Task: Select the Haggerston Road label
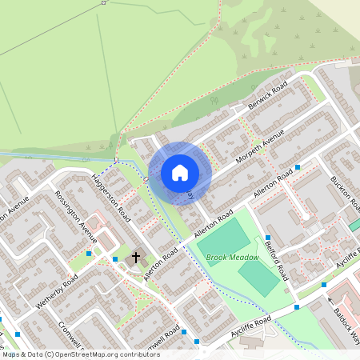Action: pyautogui.click(x=111, y=198)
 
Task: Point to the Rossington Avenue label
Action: pyautogui.click(x=76, y=217)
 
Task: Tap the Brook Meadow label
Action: pyautogui.click(x=233, y=258)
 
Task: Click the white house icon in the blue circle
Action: pyautogui.click(x=180, y=172)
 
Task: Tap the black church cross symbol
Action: pyautogui.click(x=136, y=258)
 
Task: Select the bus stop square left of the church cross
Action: pyautogui.click(x=115, y=259)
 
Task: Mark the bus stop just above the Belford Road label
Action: pyautogui.click(x=267, y=238)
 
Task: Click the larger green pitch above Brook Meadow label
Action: pyautogui.click(x=225, y=237)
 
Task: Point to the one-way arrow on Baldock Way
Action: pyautogui.click(x=329, y=302)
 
